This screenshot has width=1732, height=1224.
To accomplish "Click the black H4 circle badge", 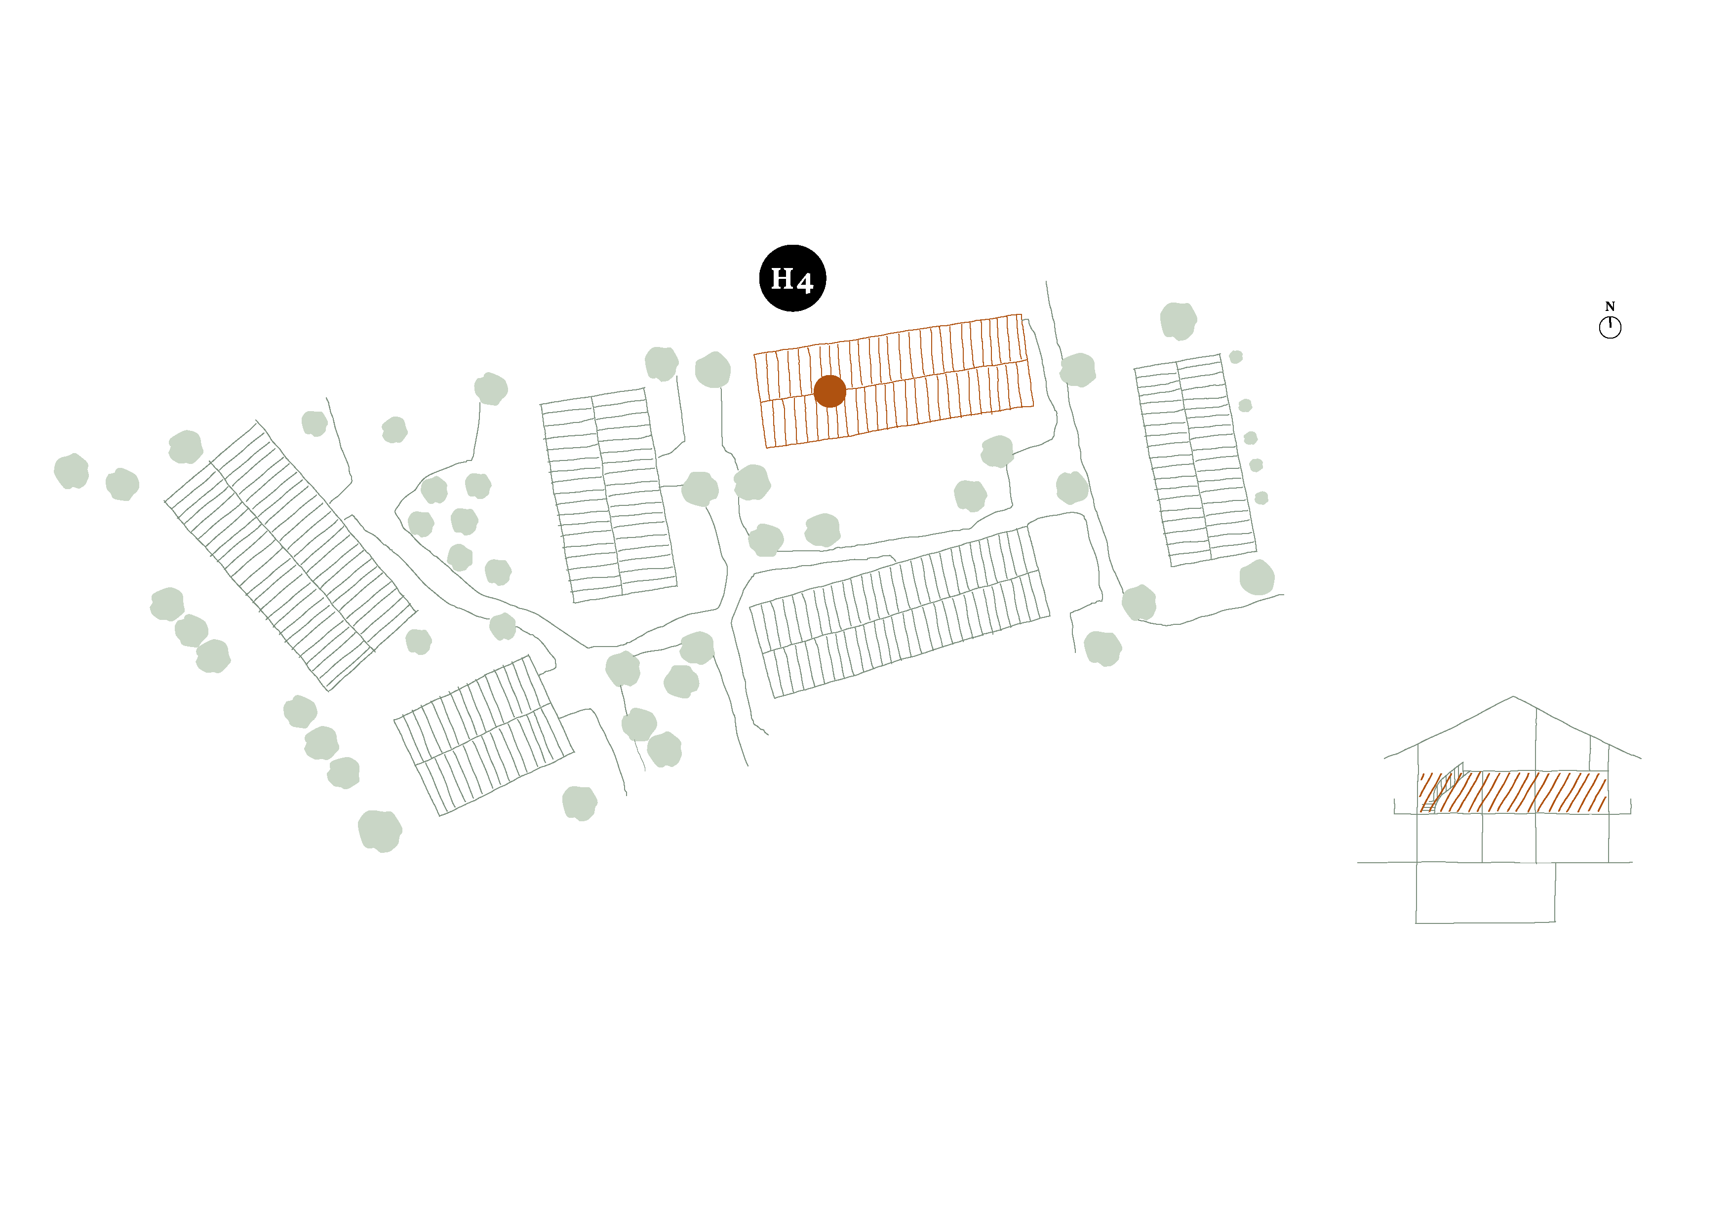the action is [x=792, y=278].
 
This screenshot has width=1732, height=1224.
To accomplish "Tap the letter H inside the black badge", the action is [x=782, y=279].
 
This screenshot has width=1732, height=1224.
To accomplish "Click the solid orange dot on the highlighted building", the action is [x=830, y=391].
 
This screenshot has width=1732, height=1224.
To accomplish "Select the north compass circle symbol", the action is [x=1610, y=327].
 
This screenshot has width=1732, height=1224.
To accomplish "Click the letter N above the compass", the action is [x=1610, y=306].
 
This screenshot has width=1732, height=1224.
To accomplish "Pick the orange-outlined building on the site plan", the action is [x=894, y=381].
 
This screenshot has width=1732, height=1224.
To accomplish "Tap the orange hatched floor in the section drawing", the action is [x=1512, y=792].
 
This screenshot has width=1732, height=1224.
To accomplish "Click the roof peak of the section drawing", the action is [x=1512, y=697].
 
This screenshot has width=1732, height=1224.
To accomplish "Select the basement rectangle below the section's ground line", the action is [x=1485, y=892].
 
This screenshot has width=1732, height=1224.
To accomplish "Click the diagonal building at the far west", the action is [x=290, y=555].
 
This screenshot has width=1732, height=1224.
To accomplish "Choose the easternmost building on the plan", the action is [x=1196, y=460].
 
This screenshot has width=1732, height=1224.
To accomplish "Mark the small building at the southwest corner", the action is [x=483, y=735].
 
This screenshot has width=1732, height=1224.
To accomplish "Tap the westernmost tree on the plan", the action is [x=71, y=471].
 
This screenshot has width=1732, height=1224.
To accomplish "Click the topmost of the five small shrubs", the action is [x=1236, y=357].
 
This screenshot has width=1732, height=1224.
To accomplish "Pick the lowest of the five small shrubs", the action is [x=1261, y=498].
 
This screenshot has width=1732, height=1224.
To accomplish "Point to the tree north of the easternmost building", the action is [x=1178, y=320].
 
